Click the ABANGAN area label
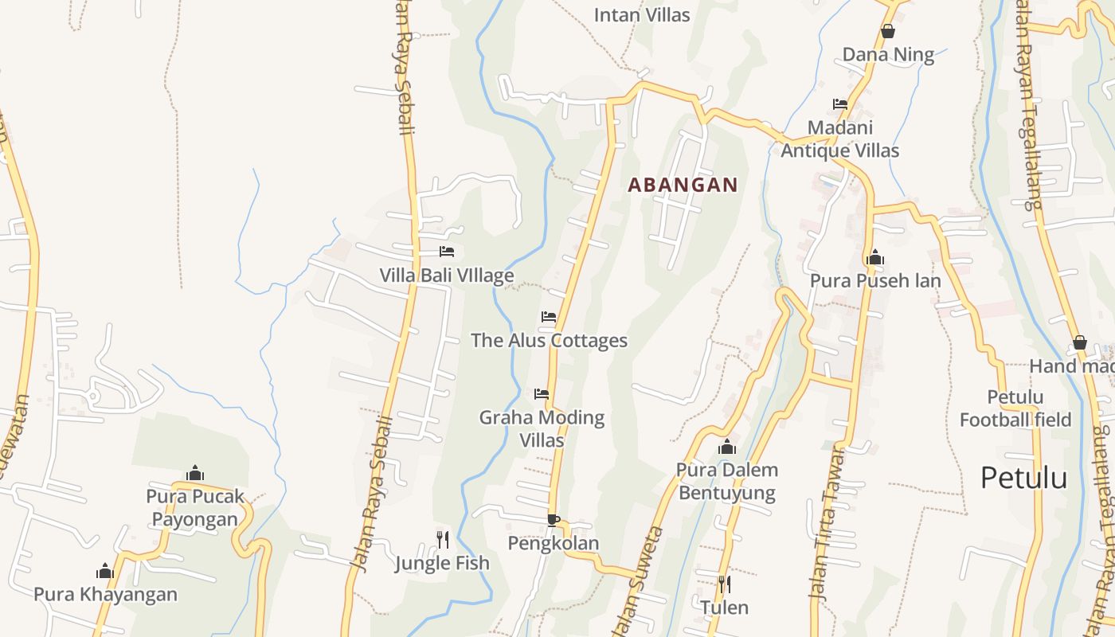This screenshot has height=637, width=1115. (x=683, y=185)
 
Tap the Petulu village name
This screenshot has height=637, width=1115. (x=1023, y=478)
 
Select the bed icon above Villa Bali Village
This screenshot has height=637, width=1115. (x=447, y=252)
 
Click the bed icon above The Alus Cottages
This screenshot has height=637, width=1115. (x=549, y=317)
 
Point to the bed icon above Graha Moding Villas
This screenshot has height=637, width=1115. (x=542, y=394)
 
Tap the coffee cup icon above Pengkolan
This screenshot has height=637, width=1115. (x=553, y=520)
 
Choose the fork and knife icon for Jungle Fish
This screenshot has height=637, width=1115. (x=443, y=540)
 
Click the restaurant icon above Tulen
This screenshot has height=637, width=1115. (x=724, y=584)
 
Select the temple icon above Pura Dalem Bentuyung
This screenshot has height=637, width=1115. (x=726, y=447)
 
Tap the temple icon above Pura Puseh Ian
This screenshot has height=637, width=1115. (x=875, y=257)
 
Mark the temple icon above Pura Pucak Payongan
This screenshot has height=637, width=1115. (x=195, y=474)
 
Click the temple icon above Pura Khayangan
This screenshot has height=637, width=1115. (x=105, y=571)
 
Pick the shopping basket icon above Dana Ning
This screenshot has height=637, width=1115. (x=888, y=31)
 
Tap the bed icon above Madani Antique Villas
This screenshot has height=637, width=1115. (x=840, y=104)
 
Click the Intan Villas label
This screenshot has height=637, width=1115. (x=642, y=14)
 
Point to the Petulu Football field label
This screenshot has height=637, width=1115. (x=1015, y=408)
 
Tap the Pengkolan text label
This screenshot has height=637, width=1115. (x=554, y=543)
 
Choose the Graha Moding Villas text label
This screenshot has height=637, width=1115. (x=542, y=428)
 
